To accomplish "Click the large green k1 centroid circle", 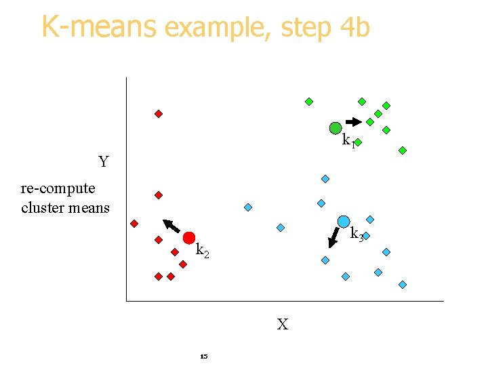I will pos(335,127).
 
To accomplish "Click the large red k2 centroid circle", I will pos(189,237).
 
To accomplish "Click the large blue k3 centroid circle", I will pos(344,222).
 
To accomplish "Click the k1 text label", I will pos(348,141).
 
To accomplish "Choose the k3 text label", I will pos(357,235).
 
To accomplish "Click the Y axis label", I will pos(104,162).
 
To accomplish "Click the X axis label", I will pos(282,325).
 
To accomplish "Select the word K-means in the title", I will pos(99,27).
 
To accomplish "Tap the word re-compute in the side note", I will pos(58,188).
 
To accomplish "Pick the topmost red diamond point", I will pos(159,114).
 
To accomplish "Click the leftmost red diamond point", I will pos(134,224).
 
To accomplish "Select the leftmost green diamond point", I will pos(309,102).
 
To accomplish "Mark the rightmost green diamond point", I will pos(403,150).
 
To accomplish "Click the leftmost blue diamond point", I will pos(248,207).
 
